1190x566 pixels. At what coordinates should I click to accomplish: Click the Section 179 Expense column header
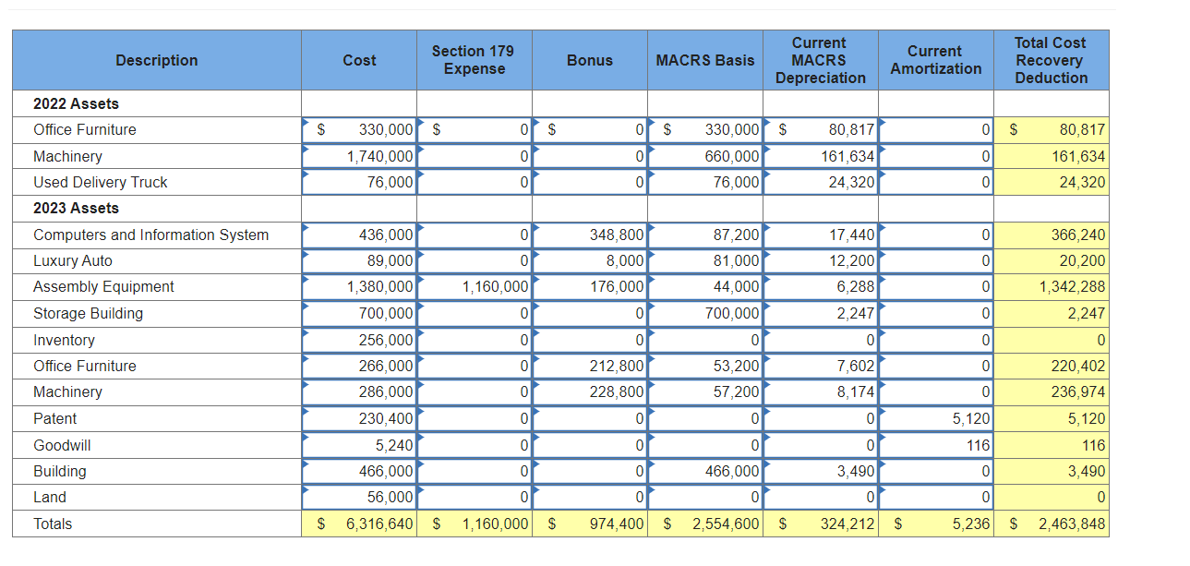[x=474, y=60]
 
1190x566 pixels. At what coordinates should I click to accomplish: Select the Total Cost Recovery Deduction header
[x=1051, y=60]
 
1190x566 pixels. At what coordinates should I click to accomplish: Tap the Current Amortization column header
[x=935, y=60]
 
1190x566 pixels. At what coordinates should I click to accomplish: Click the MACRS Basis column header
[x=704, y=60]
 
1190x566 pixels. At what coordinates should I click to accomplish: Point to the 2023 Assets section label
[x=76, y=209]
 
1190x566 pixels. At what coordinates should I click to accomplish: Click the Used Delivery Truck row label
[x=100, y=183]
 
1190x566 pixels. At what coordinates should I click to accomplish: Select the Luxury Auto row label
[x=72, y=261]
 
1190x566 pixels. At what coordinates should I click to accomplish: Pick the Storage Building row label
[x=88, y=314]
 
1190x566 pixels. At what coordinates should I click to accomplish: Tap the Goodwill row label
[x=62, y=446]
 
